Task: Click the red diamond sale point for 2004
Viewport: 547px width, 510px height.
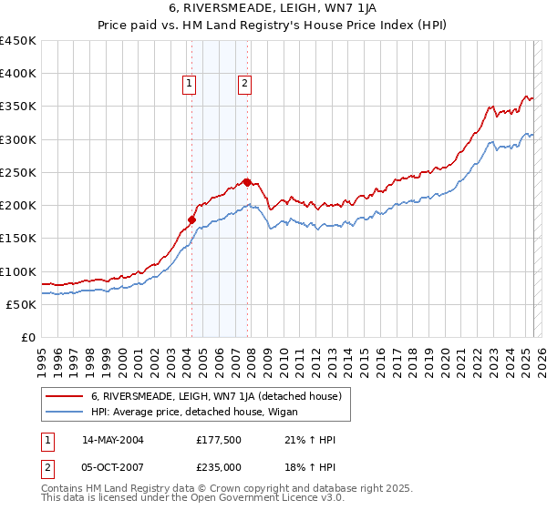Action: [x=191, y=219]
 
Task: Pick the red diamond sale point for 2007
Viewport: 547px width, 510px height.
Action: [x=247, y=181]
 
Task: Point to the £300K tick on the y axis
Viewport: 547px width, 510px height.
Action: [x=18, y=139]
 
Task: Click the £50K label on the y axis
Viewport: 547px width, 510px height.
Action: [x=21, y=304]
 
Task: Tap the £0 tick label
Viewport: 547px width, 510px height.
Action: [x=27, y=337]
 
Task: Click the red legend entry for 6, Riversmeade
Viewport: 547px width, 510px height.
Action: [x=215, y=396]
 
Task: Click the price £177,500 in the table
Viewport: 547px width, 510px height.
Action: [x=217, y=440]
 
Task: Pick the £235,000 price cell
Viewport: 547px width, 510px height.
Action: [x=217, y=467]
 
